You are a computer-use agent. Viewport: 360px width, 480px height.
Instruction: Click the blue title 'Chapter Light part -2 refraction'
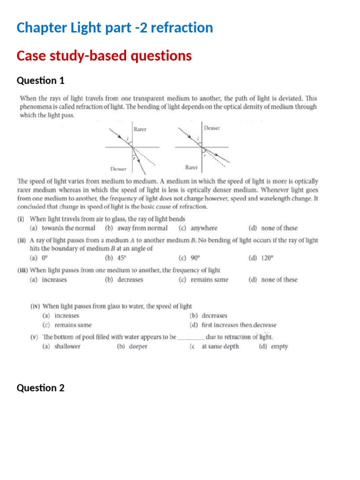(x=114, y=28)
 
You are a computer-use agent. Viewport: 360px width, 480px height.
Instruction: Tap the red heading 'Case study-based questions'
(x=104, y=56)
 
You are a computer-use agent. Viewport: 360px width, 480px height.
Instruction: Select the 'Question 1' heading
(x=40, y=81)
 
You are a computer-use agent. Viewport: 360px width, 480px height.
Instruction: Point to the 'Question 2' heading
(x=40, y=388)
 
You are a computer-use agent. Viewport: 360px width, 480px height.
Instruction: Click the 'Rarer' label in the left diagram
(x=140, y=129)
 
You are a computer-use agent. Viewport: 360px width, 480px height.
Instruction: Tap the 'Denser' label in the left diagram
(x=118, y=168)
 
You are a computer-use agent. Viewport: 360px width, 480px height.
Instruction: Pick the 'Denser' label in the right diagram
(x=212, y=127)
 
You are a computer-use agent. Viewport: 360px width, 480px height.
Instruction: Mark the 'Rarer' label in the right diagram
(x=191, y=167)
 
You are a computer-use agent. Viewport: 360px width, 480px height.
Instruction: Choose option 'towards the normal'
(x=68, y=228)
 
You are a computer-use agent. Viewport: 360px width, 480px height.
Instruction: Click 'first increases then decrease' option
(x=239, y=325)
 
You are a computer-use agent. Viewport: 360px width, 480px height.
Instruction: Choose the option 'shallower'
(x=67, y=346)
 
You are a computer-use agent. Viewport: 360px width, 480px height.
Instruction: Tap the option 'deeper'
(x=137, y=346)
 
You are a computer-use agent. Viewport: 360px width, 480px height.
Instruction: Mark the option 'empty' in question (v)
(x=279, y=346)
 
